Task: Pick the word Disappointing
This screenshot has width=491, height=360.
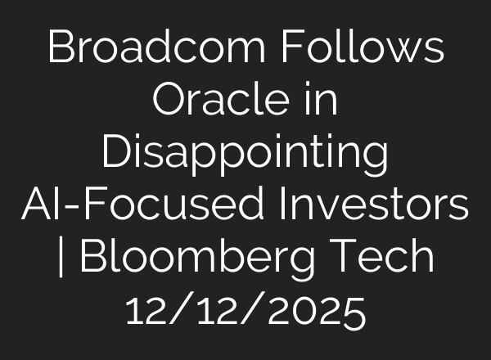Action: [x=245, y=154]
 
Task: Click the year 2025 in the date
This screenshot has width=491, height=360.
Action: [x=318, y=311]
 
